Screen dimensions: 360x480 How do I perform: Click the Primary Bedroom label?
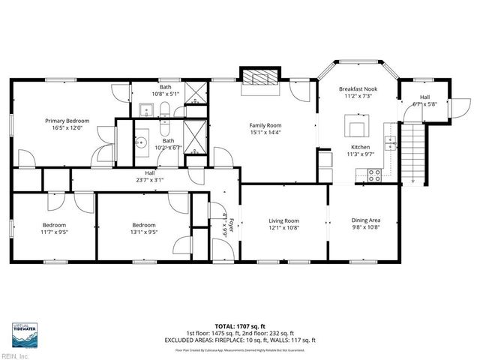pos(67,121)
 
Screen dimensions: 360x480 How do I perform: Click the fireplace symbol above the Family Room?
pos(258,78)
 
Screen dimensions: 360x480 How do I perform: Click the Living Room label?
pos(284,221)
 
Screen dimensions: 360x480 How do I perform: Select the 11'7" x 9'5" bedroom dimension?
pos(54,232)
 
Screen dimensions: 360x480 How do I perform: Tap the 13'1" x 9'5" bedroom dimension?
pos(144,232)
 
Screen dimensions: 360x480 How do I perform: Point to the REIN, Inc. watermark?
pos(15,355)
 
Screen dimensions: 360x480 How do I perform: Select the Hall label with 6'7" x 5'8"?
pos(424,97)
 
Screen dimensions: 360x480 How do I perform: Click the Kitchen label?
pos(361,147)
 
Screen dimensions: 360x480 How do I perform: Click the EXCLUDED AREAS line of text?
pos(240,340)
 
